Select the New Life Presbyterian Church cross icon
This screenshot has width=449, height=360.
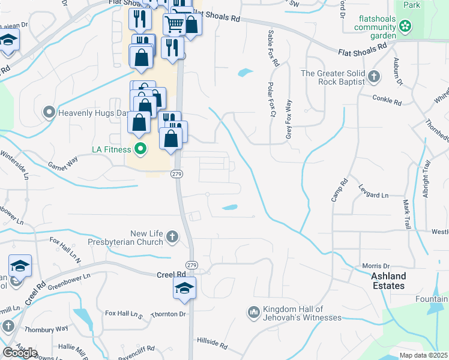click(172, 236)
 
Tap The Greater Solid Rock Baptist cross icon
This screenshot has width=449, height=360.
click(374, 76)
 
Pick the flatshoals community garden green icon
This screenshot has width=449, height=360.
click(406, 26)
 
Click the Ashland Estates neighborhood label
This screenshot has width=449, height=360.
click(388, 281)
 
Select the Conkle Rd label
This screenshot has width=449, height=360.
click(387, 99)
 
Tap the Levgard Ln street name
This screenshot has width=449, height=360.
click(373, 196)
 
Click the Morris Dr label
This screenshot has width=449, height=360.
click(376, 266)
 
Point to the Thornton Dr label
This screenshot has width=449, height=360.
click(169, 314)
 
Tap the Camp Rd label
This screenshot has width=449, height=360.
click(340, 190)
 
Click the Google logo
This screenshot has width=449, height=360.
click(20, 352)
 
